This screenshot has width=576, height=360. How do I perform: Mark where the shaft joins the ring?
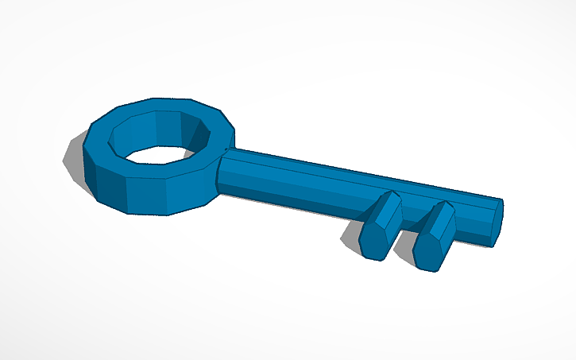tap(222, 163)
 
